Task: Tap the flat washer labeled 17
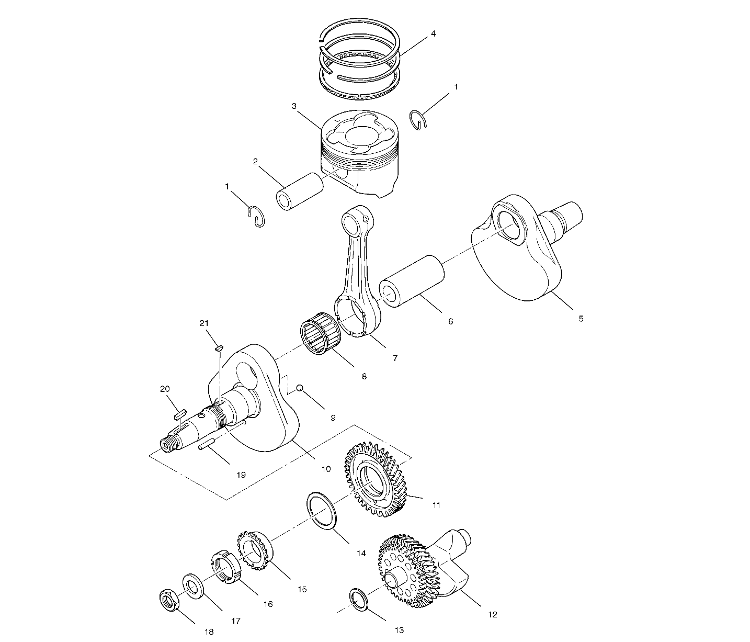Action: tap(192, 586)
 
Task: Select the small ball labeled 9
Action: tap(300, 388)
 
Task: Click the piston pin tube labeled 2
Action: tap(300, 192)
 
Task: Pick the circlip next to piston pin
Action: tap(256, 217)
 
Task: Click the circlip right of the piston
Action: tap(419, 120)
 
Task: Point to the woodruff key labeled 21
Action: tap(219, 348)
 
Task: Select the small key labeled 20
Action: tap(180, 414)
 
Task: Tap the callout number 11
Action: tap(436, 505)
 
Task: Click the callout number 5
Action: tap(581, 318)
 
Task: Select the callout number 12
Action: tap(492, 614)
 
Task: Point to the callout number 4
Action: tap(433, 33)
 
